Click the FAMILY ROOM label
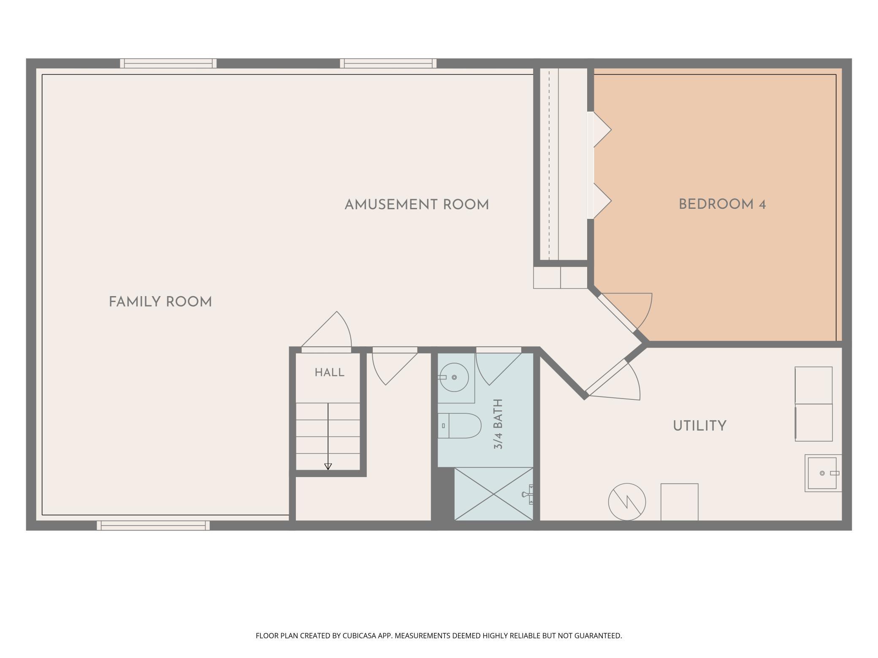[160, 302]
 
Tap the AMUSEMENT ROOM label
[417, 205]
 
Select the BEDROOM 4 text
[722, 205]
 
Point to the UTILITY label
[699, 426]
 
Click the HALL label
[330, 372]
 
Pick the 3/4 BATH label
[499, 424]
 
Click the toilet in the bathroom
[459, 426]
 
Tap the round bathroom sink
[454, 377]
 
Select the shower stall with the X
[494, 494]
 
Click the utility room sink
[822, 473]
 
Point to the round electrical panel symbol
[627, 502]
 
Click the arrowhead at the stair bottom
[328, 467]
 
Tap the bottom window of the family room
[153, 526]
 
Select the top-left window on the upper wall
[168, 63]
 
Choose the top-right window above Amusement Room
[388, 63]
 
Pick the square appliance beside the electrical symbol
[679, 502]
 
